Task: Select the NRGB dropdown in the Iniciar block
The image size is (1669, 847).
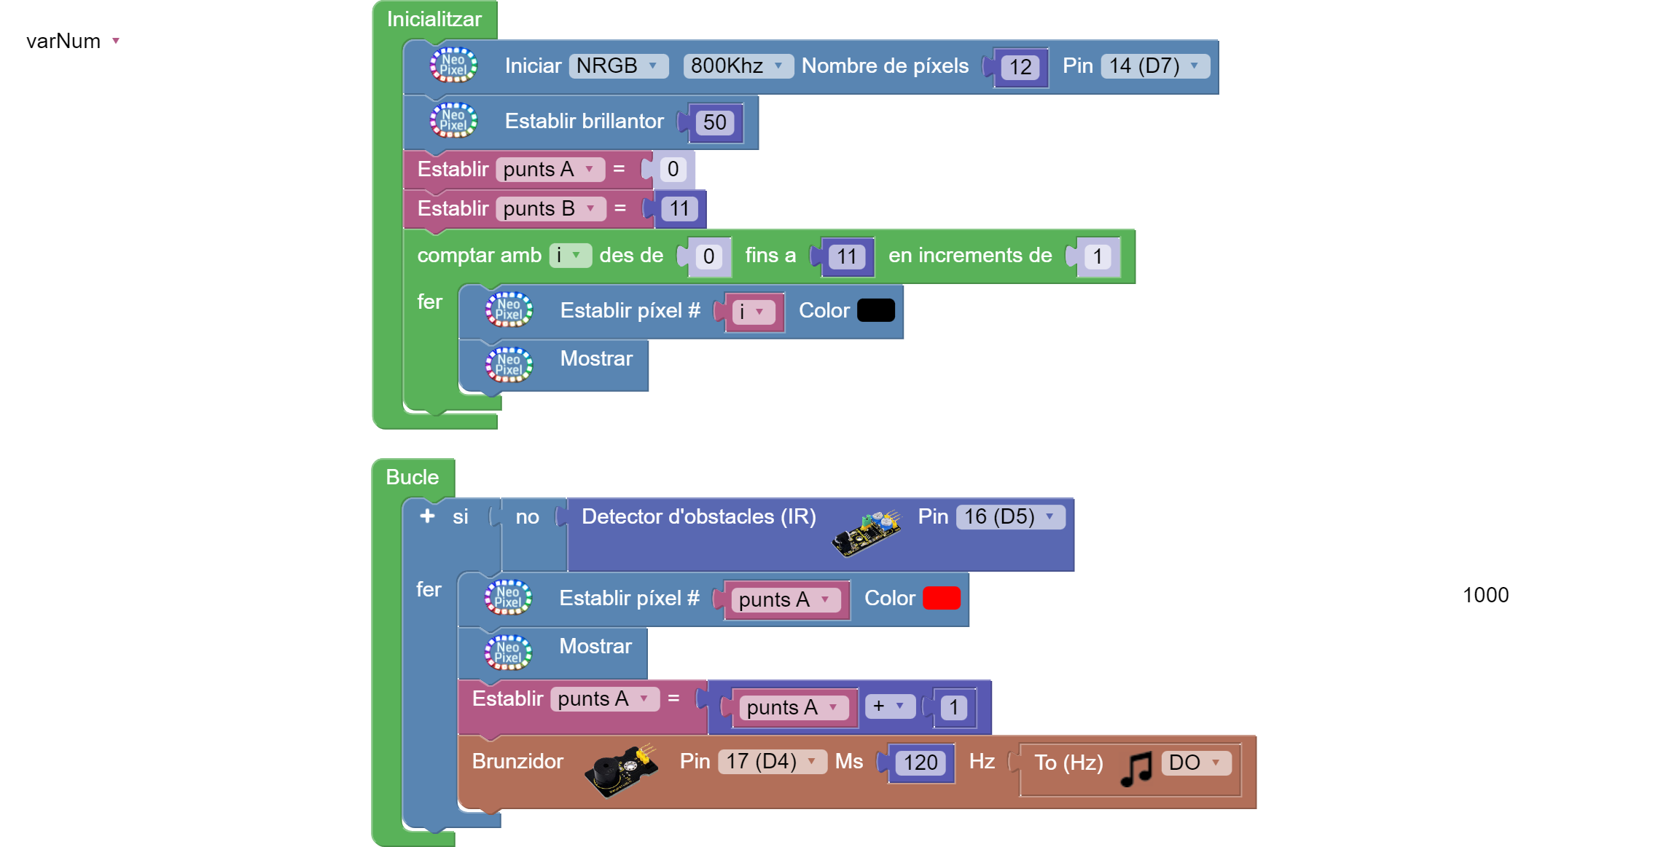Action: point(617,66)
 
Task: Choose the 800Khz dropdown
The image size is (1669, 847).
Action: point(737,66)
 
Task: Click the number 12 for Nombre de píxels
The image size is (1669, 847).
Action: point(1020,68)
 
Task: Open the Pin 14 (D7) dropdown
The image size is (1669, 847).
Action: point(1154,66)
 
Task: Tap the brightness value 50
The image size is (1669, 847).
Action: point(714,122)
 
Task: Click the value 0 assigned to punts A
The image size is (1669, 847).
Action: point(673,170)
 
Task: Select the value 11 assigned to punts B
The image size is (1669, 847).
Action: point(679,209)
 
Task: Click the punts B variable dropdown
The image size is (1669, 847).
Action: point(550,209)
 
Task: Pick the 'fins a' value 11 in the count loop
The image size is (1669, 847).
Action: point(846,256)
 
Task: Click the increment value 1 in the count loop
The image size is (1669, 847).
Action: point(1097,256)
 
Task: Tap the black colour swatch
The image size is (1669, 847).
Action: point(875,310)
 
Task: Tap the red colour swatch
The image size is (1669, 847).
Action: point(941,598)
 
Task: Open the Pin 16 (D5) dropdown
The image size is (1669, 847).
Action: point(1009,517)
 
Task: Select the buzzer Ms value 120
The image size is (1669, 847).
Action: point(921,763)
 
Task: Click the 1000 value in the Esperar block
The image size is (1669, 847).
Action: point(1485,595)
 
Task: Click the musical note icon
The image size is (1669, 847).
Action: point(1136,768)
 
